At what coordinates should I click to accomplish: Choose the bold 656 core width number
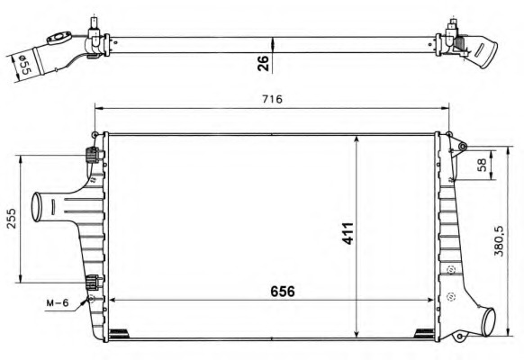click(x=280, y=291)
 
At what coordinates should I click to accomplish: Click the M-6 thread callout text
click(x=58, y=303)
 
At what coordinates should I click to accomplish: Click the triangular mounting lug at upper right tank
click(x=458, y=145)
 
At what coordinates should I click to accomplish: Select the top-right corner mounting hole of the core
click(x=441, y=135)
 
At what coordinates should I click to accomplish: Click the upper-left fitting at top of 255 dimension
click(x=91, y=154)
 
